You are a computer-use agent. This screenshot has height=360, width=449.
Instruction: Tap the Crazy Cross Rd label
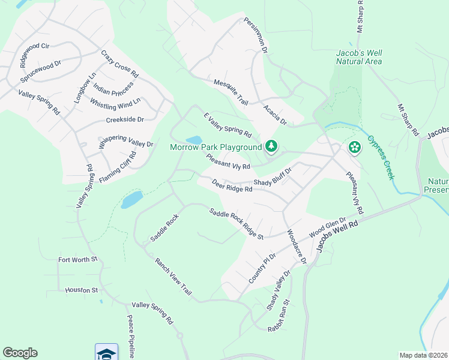click(x=120, y=64)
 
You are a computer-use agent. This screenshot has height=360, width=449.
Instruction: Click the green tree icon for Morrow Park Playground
click(x=271, y=146)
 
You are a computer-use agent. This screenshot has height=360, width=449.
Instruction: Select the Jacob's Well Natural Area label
click(x=359, y=57)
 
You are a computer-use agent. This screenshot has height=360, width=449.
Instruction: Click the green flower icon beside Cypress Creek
click(x=355, y=146)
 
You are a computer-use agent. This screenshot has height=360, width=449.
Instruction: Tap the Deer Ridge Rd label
click(x=232, y=185)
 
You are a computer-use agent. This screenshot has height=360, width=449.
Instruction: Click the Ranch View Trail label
click(x=173, y=276)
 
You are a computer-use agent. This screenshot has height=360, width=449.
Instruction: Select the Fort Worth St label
click(x=77, y=260)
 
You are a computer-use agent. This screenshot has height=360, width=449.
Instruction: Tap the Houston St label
click(x=81, y=290)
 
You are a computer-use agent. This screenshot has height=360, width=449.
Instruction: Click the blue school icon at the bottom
click(x=106, y=353)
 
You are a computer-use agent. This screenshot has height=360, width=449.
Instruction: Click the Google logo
click(x=20, y=353)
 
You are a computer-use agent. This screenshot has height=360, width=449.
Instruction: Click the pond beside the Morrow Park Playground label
click(x=193, y=140)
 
